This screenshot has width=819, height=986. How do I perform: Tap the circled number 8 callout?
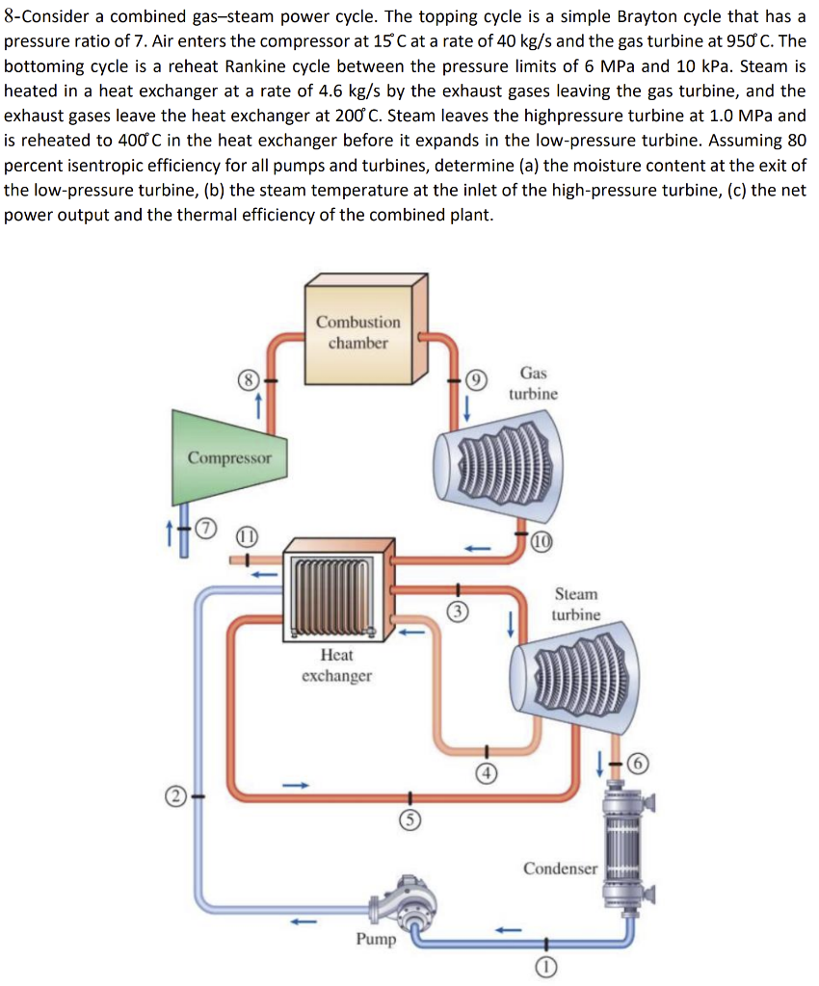(x=250, y=380)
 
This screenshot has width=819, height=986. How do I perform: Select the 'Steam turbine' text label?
(x=576, y=604)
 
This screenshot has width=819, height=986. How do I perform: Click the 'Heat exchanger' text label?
(x=336, y=664)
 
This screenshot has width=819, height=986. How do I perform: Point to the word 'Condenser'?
(x=560, y=869)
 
